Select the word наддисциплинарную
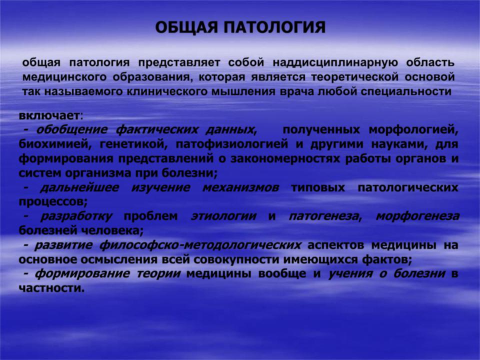pos(335,63)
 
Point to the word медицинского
pos(64,77)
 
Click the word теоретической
pos(355,77)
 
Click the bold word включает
pos(49,115)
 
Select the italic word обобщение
pos(72,130)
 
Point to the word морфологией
pos(413,130)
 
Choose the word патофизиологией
pos(232,144)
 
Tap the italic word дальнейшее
pos(79,187)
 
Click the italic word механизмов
pos(240,187)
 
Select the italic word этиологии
pos(223,216)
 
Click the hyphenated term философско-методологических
pos(200,245)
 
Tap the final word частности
pos(51,288)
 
